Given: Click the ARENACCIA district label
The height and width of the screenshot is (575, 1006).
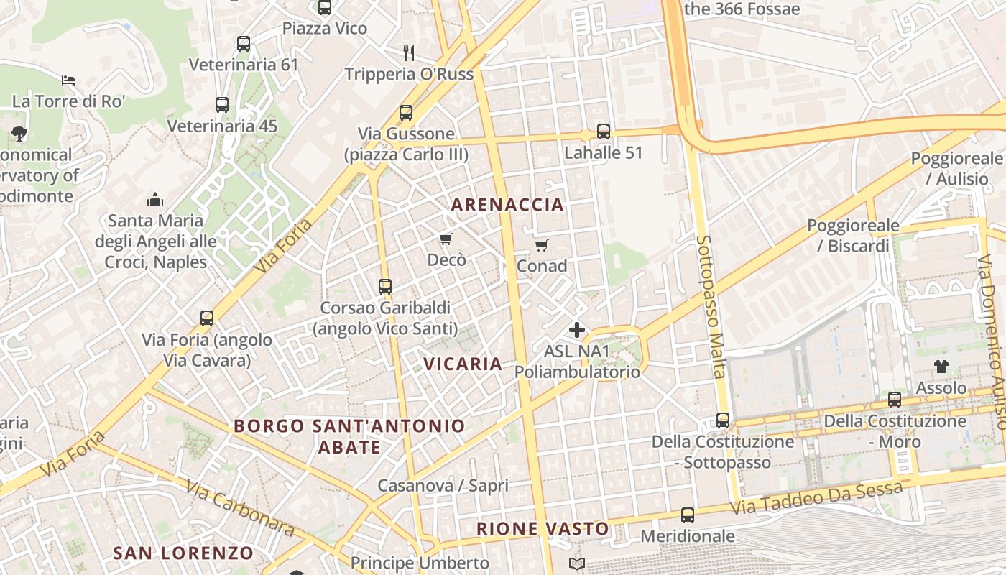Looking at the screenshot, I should [507, 205].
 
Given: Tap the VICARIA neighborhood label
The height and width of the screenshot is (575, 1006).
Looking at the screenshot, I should [463, 364].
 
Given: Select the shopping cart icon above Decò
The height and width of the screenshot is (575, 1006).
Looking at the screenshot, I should [446, 239].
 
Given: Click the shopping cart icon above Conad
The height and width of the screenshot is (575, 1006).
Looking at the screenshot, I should [542, 245].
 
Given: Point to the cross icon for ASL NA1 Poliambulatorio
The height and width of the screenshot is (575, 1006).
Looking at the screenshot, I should [577, 330].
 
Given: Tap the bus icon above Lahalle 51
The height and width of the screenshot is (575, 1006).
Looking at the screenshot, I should [604, 132].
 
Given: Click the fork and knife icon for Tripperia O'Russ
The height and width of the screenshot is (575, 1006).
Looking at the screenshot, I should [409, 52].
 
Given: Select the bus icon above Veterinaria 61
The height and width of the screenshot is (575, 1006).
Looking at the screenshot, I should [244, 44].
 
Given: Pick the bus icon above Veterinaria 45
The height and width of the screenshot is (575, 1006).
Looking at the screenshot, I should [222, 105].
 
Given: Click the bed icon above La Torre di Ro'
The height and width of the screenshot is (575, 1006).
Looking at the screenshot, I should [68, 80].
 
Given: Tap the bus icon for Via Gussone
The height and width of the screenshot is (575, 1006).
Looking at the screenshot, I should [406, 113].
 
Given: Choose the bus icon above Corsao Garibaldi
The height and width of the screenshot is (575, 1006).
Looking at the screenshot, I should [385, 287].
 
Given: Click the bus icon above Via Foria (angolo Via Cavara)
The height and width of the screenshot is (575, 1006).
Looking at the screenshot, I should [207, 318].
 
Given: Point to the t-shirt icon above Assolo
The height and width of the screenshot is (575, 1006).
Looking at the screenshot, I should [941, 367].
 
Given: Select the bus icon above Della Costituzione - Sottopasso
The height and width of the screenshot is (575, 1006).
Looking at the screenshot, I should [723, 420].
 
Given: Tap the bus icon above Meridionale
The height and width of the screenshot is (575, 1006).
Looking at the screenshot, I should [688, 515].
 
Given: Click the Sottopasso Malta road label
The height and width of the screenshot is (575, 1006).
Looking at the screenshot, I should [711, 306].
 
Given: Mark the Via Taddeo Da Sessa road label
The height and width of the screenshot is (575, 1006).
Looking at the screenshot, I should [816, 500].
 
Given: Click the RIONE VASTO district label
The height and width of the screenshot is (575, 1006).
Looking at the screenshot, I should [543, 529].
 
